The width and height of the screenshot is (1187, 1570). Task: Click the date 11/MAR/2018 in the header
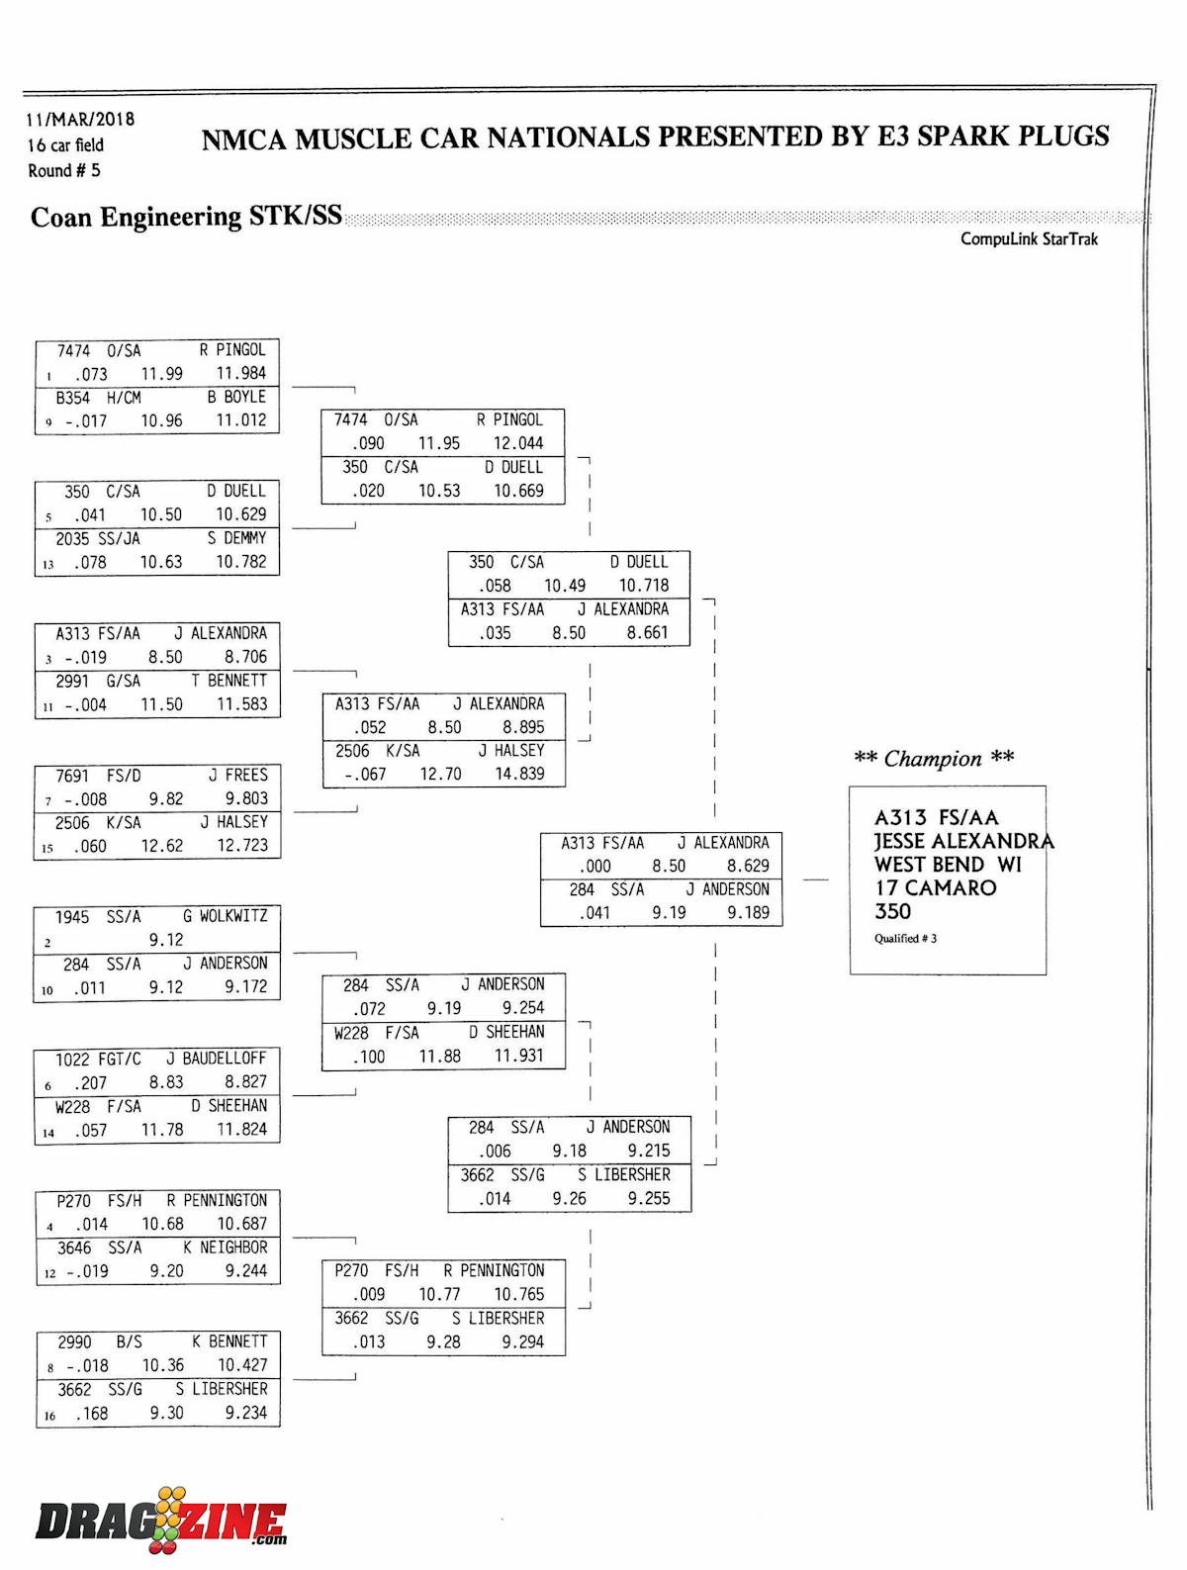click(80, 120)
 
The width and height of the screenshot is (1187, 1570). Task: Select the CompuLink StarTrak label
click(1029, 239)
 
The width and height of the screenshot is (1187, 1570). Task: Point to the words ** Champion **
click(934, 759)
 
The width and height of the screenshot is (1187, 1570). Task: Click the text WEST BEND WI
click(948, 865)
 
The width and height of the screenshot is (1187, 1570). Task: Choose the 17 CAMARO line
click(935, 888)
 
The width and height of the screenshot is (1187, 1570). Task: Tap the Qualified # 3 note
click(905, 939)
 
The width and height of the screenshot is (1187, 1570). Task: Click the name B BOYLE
click(236, 398)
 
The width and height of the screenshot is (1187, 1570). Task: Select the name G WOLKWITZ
click(225, 917)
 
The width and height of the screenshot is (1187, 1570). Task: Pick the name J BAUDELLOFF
click(217, 1059)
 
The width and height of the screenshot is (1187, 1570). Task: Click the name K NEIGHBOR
click(225, 1248)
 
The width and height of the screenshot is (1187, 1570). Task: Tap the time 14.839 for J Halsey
click(519, 775)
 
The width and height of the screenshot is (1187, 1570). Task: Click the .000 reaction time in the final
click(594, 867)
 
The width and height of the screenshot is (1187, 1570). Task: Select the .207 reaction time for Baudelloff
click(90, 1083)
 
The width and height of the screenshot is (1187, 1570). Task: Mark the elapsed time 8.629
click(748, 867)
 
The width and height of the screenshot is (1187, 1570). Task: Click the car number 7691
click(73, 776)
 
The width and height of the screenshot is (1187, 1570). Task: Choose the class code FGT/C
click(118, 1060)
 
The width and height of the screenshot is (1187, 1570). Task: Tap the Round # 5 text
click(64, 171)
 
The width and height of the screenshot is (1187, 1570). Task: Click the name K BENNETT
click(229, 1342)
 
